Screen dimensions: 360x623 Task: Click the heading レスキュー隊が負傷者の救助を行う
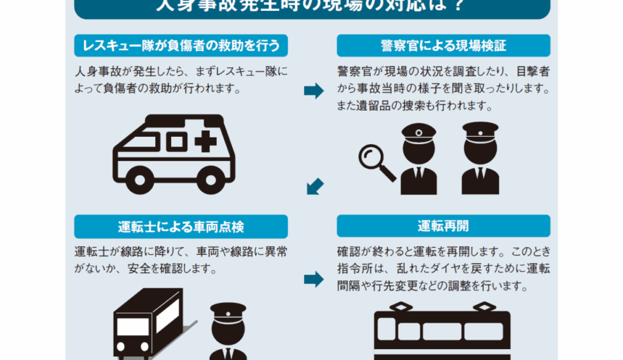pos(181,46)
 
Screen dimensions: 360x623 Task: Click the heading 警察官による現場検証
pos(443,46)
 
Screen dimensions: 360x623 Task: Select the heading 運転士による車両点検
pos(181,227)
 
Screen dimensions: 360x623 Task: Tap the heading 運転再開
pos(443,227)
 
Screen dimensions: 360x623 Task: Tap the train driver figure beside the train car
pos(228,333)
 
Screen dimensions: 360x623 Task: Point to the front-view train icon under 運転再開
pos(442,333)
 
